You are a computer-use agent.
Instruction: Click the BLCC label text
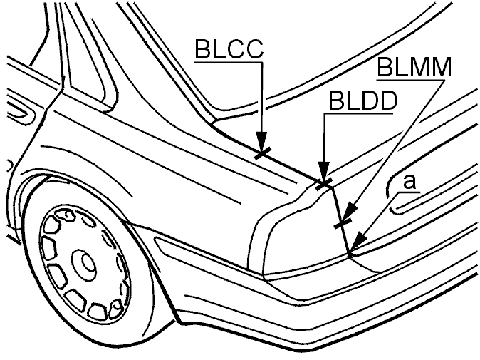coord(229,49)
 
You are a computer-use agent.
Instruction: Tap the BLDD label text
coord(363,101)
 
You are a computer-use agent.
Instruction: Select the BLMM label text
coord(414,67)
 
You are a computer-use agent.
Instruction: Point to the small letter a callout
coord(409,182)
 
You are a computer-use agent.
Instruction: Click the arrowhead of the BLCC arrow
coord(262,142)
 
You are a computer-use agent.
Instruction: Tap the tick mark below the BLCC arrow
coord(263,153)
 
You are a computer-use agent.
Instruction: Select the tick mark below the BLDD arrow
coord(323,184)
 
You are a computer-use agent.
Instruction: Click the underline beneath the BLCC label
coord(229,63)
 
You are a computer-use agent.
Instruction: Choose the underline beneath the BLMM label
coord(411,81)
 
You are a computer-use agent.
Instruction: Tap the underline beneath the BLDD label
coord(359,113)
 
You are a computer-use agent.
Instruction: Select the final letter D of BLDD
coord(389,101)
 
